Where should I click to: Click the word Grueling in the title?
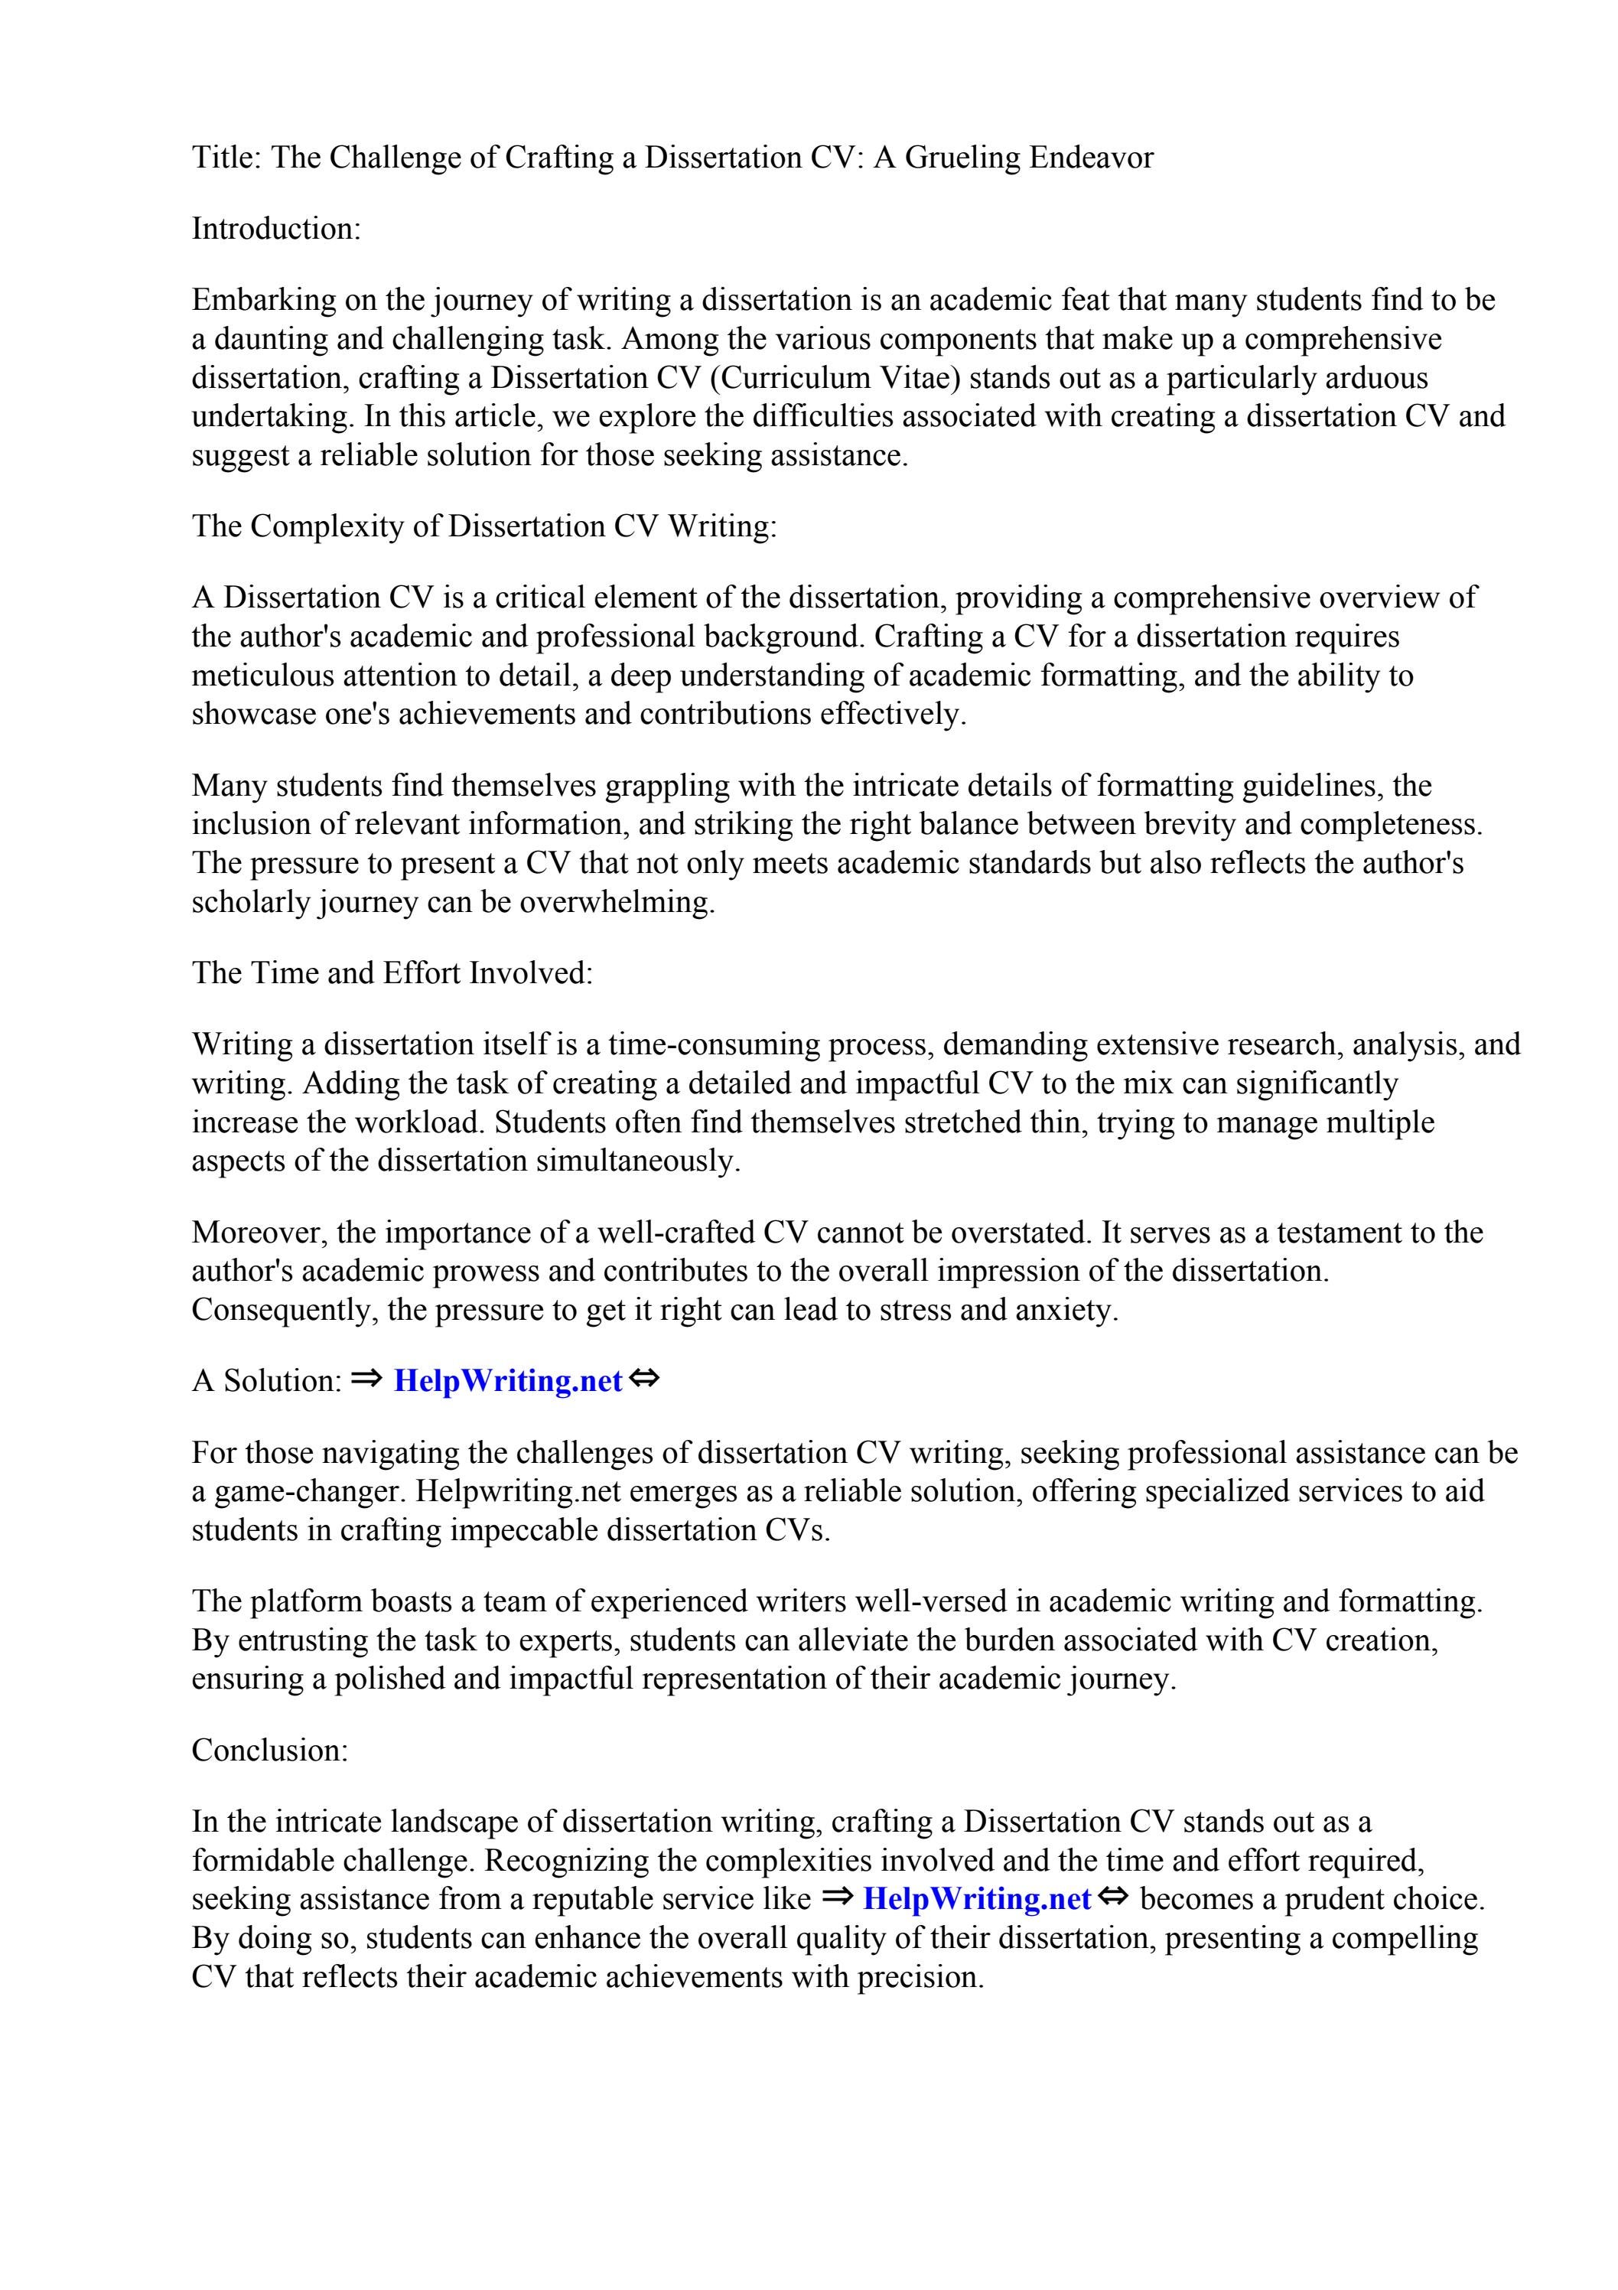(x=961, y=158)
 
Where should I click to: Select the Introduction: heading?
(x=275, y=229)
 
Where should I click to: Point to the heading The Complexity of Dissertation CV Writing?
(x=483, y=526)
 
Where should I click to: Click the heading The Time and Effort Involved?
(x=392, y=972)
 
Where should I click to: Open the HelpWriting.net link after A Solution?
(x=508, y=1380)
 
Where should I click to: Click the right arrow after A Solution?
(x=367, y=1380)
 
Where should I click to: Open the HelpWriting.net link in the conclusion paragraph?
(x=977, y=1898)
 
